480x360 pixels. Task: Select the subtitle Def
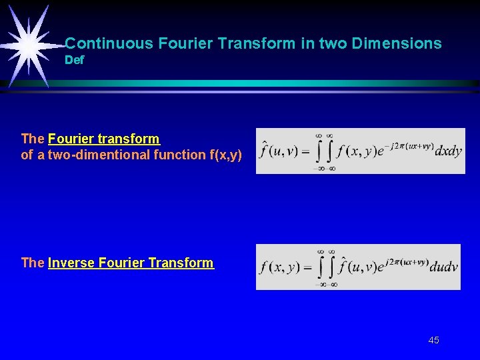(x=75, y=61)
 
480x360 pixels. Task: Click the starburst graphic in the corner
(x=29, y=45)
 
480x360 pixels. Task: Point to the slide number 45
(x=433, y=340)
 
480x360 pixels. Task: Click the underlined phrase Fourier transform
(x=104, y=139)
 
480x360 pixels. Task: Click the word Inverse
(x=72, y=263)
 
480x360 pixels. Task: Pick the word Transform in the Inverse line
(x=181, y=263)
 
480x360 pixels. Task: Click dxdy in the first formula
(x=448, y=152)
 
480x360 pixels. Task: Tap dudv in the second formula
(x=443, y=268)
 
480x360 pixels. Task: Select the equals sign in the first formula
(x=306, y=152)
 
